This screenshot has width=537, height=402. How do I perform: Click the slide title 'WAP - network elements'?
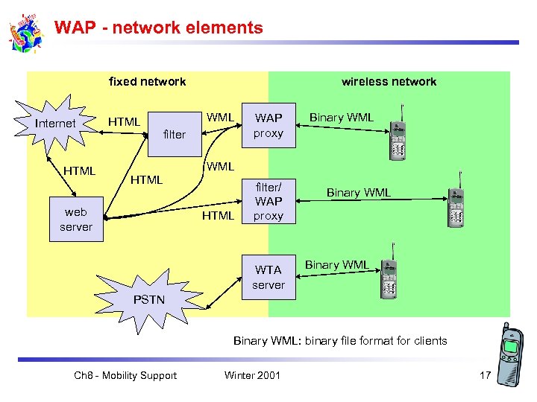tap(159, 28)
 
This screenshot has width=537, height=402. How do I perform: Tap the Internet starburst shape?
tap(56, 123)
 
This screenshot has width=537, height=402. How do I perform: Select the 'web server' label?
tap(76, 220)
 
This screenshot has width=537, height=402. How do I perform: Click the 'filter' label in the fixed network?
tap(174, 135)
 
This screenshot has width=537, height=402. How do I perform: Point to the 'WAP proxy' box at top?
tap(268, 126)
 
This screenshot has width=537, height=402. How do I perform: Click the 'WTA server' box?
tap(268, 278)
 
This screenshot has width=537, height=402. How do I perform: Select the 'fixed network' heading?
tap(147, 82)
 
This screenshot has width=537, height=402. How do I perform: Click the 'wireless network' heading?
tap(389, 82)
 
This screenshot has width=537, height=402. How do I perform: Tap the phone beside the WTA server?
tap(388, 278)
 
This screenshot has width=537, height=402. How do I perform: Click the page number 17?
tap(485, 375)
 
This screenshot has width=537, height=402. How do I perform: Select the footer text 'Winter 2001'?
tap(252, 375)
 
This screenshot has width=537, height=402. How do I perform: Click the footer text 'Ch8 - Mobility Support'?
tap(125, 375)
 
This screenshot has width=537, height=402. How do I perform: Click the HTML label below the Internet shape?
tap(79, 171)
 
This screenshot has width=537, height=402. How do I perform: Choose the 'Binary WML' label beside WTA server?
tap(336, 265)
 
